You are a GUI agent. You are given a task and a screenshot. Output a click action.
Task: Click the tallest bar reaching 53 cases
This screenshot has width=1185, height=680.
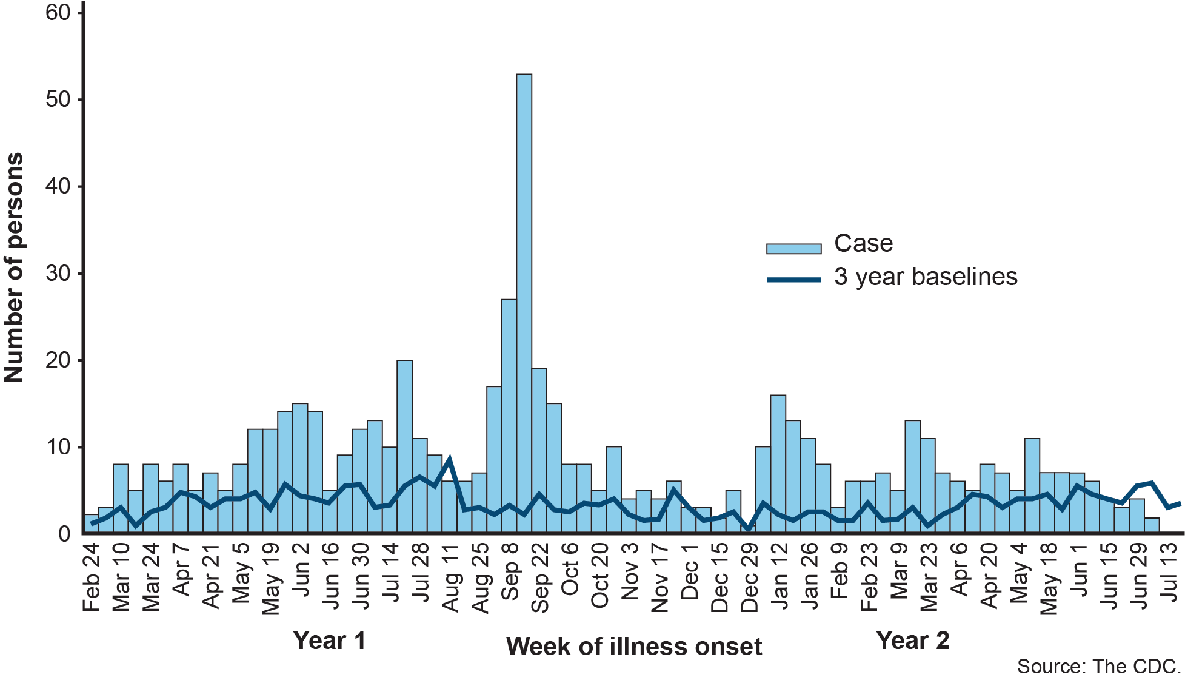tap(524, 303)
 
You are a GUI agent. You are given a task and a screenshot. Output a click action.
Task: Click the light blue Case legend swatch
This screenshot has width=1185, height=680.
tap(793, 249)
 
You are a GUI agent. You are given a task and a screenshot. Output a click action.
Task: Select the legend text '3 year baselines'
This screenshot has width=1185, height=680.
tap(926, 277)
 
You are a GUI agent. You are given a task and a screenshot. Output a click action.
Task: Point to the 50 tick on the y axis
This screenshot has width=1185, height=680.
tap(58, 99)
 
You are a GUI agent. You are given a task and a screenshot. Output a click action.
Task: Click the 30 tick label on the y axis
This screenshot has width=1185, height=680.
tap(58, 274)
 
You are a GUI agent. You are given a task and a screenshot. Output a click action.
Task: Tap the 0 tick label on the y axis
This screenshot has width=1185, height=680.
tap(64, 534)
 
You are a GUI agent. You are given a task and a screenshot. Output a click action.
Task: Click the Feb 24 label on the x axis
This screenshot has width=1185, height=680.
tap(92, 576)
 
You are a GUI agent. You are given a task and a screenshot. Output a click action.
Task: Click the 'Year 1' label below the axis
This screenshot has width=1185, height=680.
tap(329, 641)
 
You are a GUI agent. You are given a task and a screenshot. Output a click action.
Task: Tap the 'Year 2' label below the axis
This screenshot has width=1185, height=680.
tap(912, 641)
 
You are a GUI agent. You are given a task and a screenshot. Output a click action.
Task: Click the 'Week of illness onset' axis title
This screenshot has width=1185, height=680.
tap(634, 647)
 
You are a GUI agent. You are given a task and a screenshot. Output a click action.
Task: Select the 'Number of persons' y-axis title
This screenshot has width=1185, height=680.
tap(13, 267)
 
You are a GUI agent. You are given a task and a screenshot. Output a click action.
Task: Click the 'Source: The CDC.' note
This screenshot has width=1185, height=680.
tap(1099, 667)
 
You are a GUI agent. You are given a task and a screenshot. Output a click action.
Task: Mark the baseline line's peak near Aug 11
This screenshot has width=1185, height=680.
tap(449, 459)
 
